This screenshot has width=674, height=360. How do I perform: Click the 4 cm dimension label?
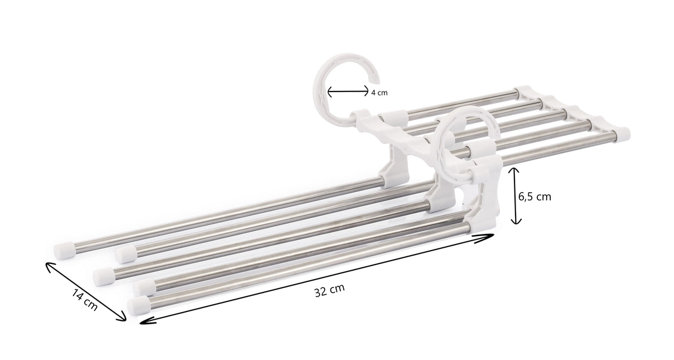coord(379,93)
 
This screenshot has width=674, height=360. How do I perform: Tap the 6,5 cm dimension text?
coord(535,196)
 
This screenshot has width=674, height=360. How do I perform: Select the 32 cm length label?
coord(329,290)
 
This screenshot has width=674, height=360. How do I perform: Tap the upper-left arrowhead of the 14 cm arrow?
coord(49,265)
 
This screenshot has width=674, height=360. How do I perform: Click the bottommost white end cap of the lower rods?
coord(138,305)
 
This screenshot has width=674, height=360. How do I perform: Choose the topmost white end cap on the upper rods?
coord(524,91)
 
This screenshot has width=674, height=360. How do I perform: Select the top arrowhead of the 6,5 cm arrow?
coord(516,171)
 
